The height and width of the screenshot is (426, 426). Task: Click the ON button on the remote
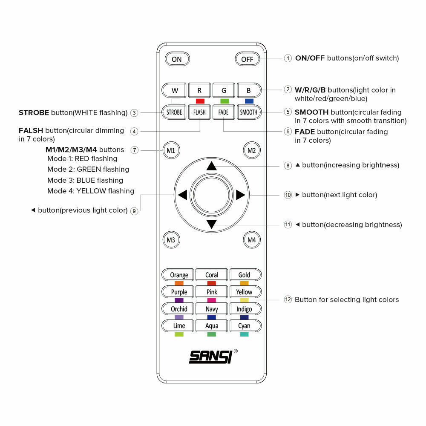(176, 59)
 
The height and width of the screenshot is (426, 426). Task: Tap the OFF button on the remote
(247, 59)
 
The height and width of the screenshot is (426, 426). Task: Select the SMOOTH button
(248, 112)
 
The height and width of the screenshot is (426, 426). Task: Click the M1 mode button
(171, 150)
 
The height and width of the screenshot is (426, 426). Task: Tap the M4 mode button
(252, 240)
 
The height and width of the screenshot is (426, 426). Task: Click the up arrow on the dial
(212, 166)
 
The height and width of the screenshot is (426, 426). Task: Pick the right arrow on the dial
(240, 195)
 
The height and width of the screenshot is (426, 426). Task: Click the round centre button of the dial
(212, 195)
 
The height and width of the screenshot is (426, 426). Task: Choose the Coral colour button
(212, 275)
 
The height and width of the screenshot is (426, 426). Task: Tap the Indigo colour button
(245, 309)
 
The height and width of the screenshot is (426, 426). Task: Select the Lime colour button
(179, 326)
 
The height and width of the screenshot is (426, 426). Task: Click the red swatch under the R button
(199, 101)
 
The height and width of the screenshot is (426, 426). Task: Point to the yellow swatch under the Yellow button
(244, 300)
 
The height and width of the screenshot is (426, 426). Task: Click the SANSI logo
(210, 357)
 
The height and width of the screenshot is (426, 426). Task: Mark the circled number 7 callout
(134, 150)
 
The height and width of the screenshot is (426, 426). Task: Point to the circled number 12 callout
(288, 300)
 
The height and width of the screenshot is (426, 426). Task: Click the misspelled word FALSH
(31, 130)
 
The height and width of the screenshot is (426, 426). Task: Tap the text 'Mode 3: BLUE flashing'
(85, 180)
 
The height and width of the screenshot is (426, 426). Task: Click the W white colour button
(175, 90)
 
